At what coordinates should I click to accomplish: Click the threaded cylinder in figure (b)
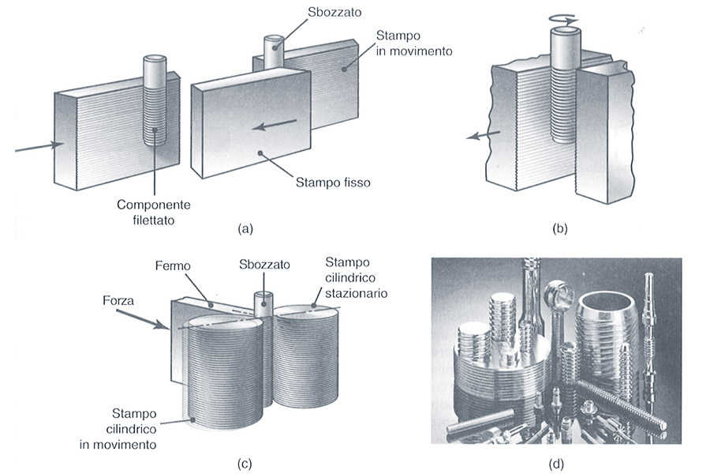(x=562, y=95)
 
